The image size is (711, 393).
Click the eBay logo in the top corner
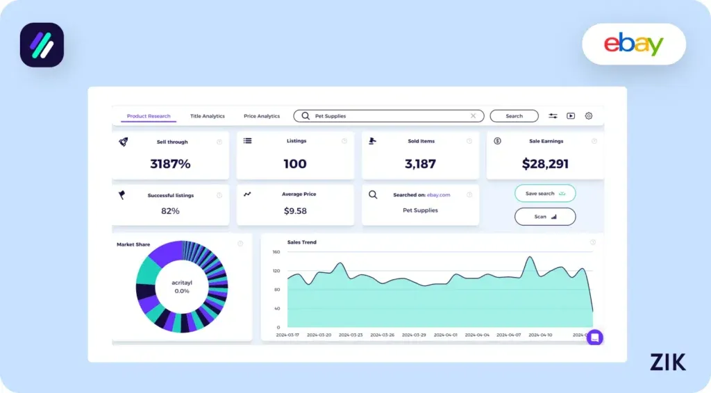coord(633,44)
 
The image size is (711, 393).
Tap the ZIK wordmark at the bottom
coord(667,362)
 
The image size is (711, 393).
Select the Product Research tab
coord(149,117)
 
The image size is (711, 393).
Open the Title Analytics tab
coord(208,117)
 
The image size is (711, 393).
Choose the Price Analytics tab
coord(262,117)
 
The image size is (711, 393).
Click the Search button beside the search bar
coord(514,116)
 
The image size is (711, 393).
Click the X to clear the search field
coord(474,116)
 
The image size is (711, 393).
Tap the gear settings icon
coord(588,116)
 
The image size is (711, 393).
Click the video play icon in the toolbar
coord(571,116)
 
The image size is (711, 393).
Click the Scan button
coord(545,217)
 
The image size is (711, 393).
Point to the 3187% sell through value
coord(170,165)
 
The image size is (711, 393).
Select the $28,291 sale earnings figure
coord(545,165)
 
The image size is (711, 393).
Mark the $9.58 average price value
coord(295,211)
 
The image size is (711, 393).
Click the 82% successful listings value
coord(170,211)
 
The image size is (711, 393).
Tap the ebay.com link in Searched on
coord(439,195)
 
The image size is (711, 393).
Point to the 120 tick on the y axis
coord(276,271)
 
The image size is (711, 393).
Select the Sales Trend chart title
coord(301,242)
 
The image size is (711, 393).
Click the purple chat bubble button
coord(595,337)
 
